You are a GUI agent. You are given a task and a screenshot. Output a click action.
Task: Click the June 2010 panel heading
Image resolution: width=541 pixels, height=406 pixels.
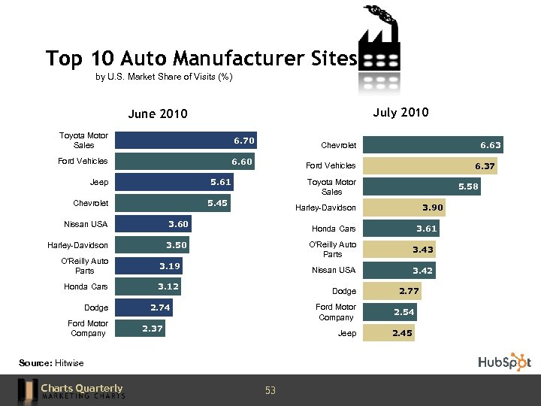pos(157,114)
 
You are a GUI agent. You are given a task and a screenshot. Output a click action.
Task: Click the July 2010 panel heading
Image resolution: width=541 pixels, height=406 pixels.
pos(400,113)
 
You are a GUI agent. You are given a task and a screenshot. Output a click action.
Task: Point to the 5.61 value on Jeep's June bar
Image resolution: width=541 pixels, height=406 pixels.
pos(221,182)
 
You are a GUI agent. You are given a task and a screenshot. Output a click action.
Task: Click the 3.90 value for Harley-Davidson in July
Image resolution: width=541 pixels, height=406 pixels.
pos(433,208)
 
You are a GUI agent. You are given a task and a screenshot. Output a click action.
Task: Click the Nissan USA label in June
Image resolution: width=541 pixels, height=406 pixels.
pos(86,224)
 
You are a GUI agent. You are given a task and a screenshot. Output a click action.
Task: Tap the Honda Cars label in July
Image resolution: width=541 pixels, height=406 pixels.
pos(334,229)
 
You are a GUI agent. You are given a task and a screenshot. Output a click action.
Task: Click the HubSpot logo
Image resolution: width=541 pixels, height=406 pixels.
pos(504,362)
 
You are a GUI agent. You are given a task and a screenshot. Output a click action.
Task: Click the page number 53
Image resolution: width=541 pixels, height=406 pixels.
pos(270,390)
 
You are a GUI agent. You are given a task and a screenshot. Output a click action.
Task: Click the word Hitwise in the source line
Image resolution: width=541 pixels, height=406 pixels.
pos(70,363)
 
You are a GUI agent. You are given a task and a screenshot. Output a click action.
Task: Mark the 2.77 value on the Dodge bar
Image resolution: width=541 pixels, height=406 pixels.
pos(408,291)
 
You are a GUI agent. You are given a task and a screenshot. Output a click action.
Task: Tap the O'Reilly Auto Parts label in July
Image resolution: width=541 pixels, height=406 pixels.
pos(333,249)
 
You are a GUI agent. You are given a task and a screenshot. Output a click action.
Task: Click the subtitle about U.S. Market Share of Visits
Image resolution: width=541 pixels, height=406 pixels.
pos(165,77)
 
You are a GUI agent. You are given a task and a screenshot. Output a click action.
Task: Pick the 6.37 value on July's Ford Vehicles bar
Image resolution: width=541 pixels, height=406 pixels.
pos(485,166)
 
